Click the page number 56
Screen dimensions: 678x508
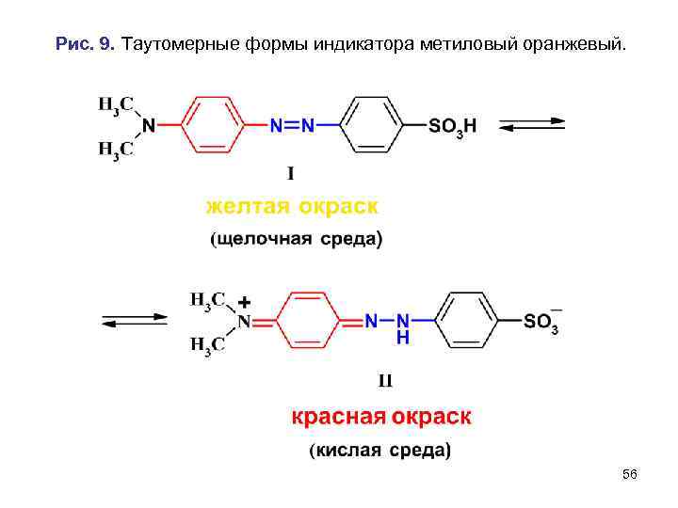click(630, 475)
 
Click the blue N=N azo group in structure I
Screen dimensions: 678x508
click(292, 125)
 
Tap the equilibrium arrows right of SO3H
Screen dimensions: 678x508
click(531, 125)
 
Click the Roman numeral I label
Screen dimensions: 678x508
click(292, 173)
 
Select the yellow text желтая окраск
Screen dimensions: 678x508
click(293, 204)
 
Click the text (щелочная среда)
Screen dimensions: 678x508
click(296, 239)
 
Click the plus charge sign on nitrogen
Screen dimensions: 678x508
click(244, 302)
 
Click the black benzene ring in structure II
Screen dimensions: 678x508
click(471, 321)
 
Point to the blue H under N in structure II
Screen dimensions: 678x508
click(402, 337)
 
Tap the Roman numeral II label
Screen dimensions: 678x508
click(384, 381)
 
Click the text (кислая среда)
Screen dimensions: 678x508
click(380, 450)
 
